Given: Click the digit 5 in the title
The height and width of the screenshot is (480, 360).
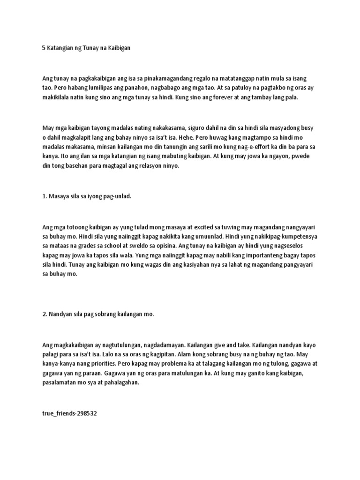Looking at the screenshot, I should point(44,49).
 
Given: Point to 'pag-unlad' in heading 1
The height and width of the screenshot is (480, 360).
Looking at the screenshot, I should point(117,196).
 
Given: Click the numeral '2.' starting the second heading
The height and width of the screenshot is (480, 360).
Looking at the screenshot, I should point(45,315).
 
